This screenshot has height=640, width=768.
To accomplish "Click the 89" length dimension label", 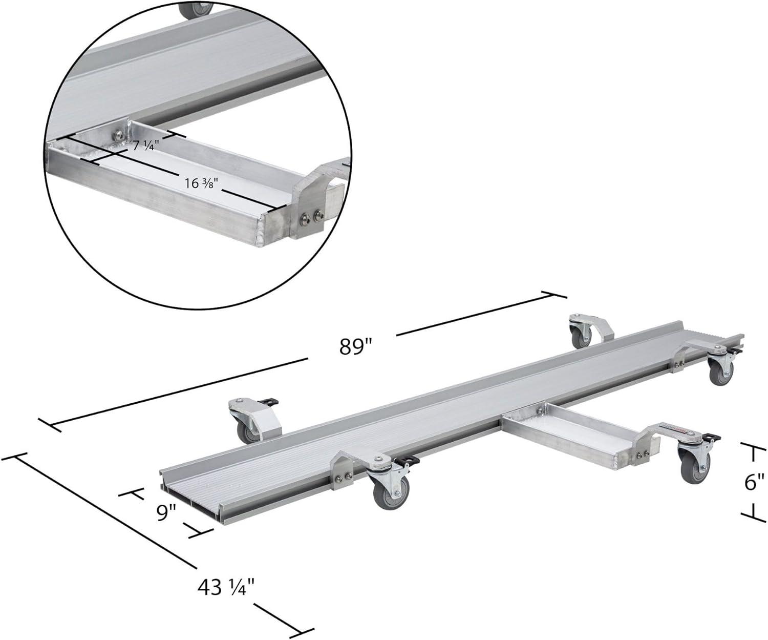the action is coord(356,347).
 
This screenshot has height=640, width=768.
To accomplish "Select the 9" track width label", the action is coord(166,513).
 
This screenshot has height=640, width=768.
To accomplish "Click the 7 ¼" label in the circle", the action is coord(145,146).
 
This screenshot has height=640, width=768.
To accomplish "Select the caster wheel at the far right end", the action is coord(720,371).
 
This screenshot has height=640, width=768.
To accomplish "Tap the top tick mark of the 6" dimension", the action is coord(753,448).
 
